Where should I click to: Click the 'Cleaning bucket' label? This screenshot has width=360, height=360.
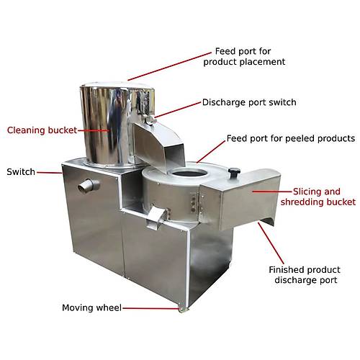[42, 130]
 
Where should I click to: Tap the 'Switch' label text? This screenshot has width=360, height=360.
[21, 172]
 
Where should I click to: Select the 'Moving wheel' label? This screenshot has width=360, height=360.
[91, 307]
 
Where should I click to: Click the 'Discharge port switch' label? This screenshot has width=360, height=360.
[249, 102]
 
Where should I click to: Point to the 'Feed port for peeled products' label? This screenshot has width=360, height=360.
[291, 138]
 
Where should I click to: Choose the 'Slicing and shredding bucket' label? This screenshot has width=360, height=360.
[318, 197]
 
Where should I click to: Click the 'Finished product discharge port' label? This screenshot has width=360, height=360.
[305, 275]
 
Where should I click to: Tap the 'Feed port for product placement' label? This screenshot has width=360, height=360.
[244, 56]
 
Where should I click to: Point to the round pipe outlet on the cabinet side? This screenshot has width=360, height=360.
[89, 186]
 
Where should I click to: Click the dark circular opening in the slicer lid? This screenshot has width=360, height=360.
[189, 172]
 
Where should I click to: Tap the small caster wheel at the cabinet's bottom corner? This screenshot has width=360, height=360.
[183, 308]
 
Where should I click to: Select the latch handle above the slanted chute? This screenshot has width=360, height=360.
[150, 120]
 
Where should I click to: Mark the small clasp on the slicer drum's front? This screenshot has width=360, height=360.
[157, 217]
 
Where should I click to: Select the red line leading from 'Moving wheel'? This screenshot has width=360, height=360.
[151, 308]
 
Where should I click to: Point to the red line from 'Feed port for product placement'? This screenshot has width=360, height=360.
[169, 66]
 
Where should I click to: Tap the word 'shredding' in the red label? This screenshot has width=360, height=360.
[303, 202]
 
